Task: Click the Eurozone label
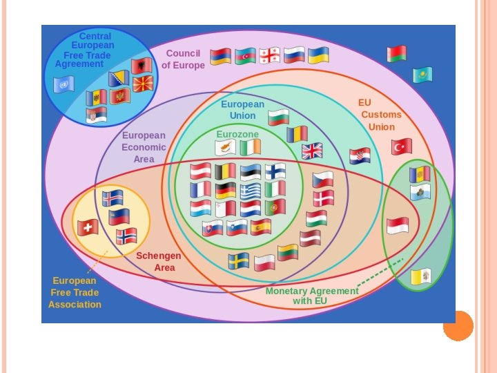pos(237,134)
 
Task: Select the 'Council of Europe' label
pos(183,59)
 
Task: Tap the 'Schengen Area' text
pos(159,261)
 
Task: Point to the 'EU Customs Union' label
pos(379,115)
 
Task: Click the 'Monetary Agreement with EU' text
pos(312,296)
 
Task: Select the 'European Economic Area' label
pos(144,147)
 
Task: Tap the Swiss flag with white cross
pos(88,227)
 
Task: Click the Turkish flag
pos(401,146)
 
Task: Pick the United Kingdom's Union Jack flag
pos(312,151)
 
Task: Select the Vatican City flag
pos(420,277)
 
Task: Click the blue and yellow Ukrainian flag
pos(318,56)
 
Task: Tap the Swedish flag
pos(239,261)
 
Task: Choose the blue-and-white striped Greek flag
pos(251,190)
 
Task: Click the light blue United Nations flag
pos(64,84)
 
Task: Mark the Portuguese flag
pos(275,207)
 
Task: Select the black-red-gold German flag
pos(225,190)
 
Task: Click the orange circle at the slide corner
pos(458,325)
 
